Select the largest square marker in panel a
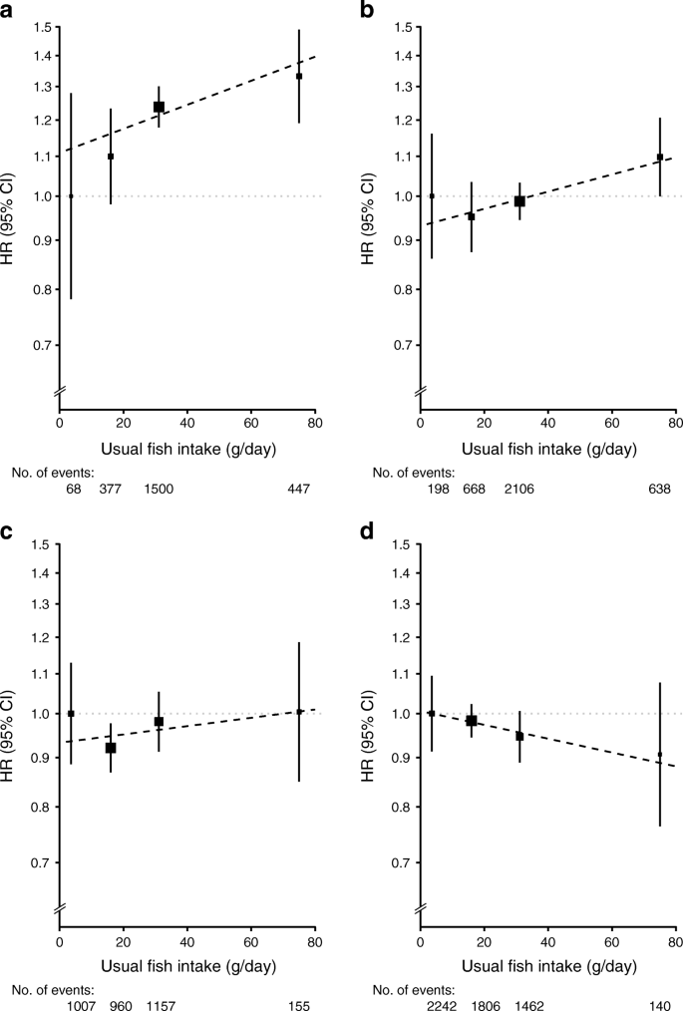pyautogui.click(x=159, y=107)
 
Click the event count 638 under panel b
pyautogui.click(x=659, y=489)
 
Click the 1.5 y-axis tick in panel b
pyautogui.click(x=403, y=27)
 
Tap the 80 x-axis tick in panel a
pyautogui.click(x=315, y=423)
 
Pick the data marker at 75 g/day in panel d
pyautogui.click(x=660, y=755)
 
